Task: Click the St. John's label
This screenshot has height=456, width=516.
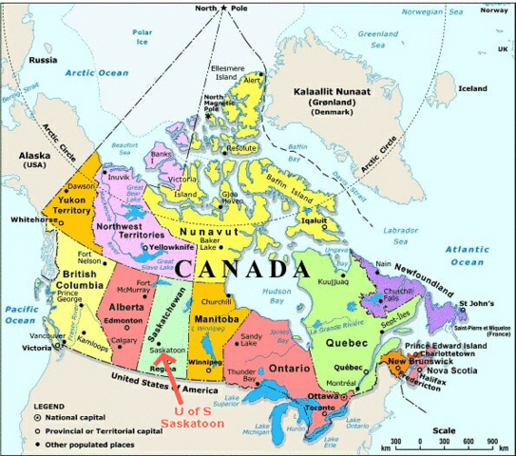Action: point(476,304)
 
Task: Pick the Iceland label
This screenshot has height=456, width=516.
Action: point(472,88)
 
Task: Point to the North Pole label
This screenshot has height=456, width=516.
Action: point(223,8)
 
